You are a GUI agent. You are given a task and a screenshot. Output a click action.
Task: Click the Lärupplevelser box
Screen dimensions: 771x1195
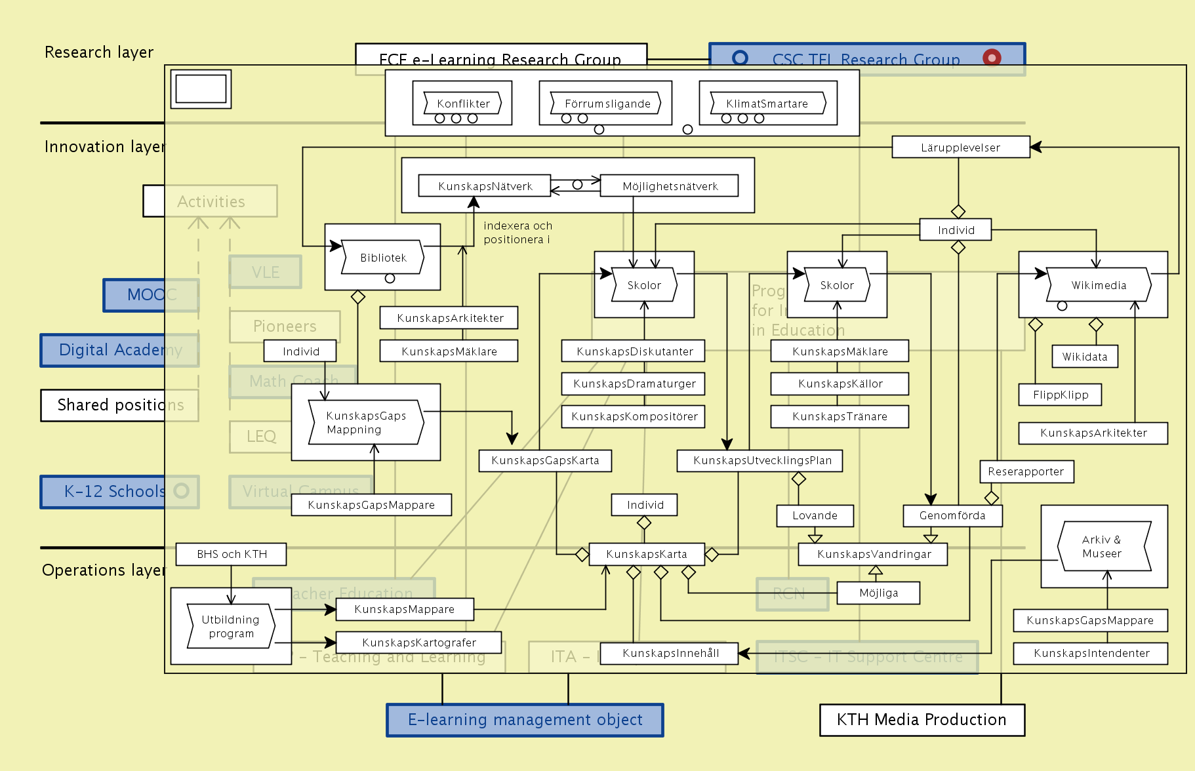coord(960,148)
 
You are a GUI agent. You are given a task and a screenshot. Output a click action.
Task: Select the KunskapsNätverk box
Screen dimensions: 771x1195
coord(485,186)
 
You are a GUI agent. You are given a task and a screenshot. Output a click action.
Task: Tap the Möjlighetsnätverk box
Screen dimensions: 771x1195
coord(670,186)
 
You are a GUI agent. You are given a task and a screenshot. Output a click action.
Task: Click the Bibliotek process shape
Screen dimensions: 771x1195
coord(383,258)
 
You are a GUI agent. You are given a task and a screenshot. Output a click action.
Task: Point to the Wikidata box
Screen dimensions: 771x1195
coord(1084,357)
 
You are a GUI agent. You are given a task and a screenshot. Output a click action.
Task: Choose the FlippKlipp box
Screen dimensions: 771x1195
coord(1060,395)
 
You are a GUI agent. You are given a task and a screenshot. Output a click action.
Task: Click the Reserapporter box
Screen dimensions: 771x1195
coord(1026,471)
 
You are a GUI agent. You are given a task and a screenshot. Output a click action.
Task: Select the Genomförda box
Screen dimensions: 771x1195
coord(952,515)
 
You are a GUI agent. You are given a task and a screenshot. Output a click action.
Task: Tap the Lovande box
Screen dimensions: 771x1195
coord(815,515)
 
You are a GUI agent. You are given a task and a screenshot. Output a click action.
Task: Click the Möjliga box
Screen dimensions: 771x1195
coord(878,593)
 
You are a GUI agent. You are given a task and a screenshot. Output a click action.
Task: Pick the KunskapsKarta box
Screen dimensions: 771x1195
coord(647,554)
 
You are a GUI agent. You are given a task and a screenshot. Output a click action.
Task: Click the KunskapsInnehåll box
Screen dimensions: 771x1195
coord(670,653)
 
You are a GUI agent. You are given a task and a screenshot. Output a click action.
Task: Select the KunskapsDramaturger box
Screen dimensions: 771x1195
coord(634,384)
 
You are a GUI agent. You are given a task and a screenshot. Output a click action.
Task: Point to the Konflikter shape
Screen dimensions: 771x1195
coord(463,104)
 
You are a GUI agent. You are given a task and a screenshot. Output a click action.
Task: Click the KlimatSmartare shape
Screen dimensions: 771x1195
coord(767,104)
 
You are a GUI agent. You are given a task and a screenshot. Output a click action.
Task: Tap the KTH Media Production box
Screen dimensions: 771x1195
coord(922,720)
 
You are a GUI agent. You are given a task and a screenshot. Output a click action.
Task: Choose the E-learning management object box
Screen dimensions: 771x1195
coord(525,720)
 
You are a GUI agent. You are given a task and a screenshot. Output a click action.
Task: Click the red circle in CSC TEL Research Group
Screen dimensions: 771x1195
coord(992,58)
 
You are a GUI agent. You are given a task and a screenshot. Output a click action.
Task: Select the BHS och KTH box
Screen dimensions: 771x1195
coord(232,554)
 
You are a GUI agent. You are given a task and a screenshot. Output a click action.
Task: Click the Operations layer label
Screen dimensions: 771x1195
coord(104,570)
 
